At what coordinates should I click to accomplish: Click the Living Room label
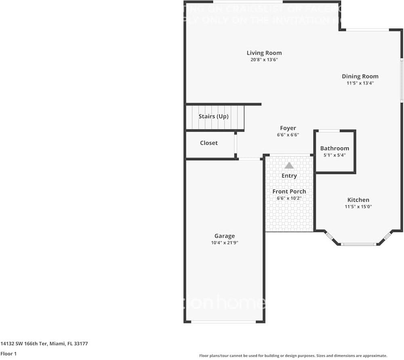point(264,53)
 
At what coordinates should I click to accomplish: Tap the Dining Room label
point(360,76)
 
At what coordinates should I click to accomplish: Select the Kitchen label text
point(358,200)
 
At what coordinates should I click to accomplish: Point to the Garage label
point(225,236)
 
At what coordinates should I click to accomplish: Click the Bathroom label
point(335,149)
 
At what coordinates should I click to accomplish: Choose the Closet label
point(209,143)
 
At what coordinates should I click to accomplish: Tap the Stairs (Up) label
point(213,116)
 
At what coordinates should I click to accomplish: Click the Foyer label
point(288,128)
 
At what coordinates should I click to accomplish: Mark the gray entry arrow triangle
point(289,165)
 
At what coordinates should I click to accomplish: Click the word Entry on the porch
point(289,176)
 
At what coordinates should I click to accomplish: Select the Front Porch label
point(289,191)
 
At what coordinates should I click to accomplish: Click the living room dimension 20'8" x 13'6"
point(264,60)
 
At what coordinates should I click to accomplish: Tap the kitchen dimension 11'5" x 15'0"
point(358,207)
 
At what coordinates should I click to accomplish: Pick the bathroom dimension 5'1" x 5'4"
point(335,155)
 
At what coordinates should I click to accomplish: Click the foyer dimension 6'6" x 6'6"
point(288,135)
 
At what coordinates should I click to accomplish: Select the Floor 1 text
point(8,354)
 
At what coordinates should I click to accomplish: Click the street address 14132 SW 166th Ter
point(24,344)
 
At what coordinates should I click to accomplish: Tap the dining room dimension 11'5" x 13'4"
point(360,83)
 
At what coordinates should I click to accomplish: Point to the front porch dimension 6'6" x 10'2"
point(289,198)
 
